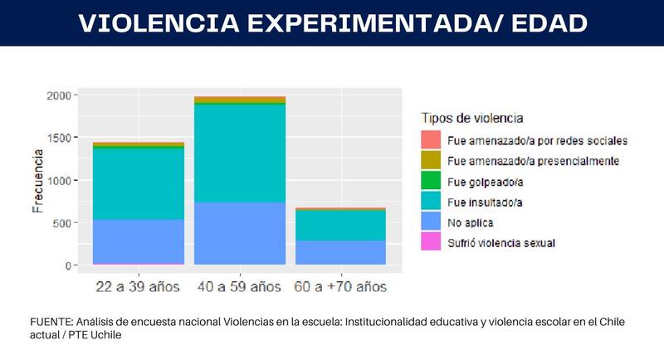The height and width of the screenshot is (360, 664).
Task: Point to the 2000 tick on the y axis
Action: pyautogui.click(x=61, y=95)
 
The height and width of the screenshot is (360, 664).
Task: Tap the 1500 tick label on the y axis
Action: pyautogui.click(x=61, y=138)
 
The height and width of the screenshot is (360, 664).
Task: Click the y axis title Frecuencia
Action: pyautogui.click(x=37, y=181)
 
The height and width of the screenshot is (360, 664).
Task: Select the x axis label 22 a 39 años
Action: pyautogui.click(x=138, y=287)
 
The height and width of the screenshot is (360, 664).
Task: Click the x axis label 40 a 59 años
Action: pyautogui.click(x=240, y=287)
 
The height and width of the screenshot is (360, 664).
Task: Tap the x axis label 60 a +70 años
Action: pyautogui.click(x=340, y=287)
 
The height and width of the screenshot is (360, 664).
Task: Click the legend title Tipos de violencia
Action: pyautogui.click(x=472, y=118)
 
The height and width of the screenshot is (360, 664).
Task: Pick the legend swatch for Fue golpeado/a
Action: pyautogui.click(x=430, y=181)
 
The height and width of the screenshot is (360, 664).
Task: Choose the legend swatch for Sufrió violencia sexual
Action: pyautogui.click(x=430, y=243)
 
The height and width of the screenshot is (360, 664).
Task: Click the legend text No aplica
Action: pyautogui.click(x=469, y=222)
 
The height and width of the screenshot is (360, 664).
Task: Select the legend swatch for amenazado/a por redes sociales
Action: pyautogui.click(x=430, y=139)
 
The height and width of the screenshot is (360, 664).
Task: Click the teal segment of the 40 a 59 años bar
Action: pyautogui.click(x=240, y=153)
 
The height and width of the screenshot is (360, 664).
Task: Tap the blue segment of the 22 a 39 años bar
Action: pyautogui.click(x=138, y=241)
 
